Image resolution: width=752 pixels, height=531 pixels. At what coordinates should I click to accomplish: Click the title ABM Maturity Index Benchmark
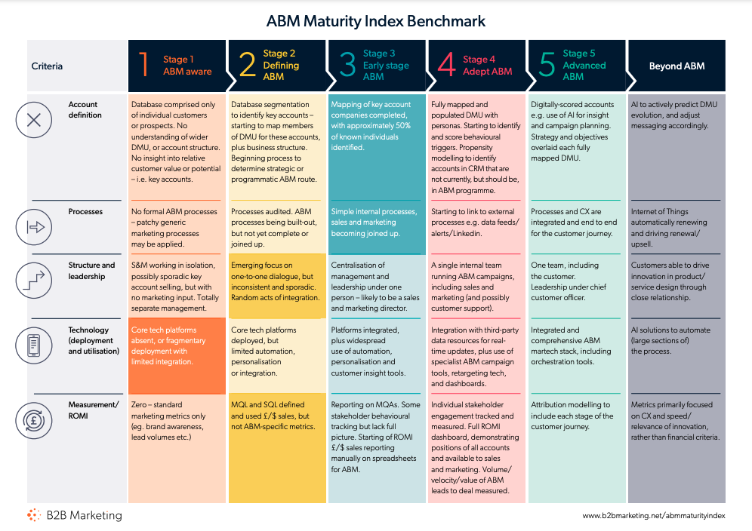(375, 21)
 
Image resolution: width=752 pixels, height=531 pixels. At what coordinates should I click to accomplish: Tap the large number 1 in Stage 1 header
(143, 65)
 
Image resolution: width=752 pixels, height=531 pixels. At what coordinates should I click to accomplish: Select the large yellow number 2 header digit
(248, 65)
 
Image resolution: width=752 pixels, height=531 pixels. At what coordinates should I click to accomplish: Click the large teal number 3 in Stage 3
(348, 65)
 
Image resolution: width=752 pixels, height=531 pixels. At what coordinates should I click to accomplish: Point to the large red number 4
(446, 65)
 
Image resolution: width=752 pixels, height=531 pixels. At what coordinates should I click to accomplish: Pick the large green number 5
(547, 65)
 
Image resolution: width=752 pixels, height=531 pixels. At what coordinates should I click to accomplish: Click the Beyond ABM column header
(676, 66)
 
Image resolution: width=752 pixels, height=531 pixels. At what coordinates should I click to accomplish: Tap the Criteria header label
(47, 66)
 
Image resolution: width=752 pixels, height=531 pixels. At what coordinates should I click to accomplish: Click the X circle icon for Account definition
(33, 120)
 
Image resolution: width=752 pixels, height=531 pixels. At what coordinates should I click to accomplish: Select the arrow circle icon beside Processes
(33, 227)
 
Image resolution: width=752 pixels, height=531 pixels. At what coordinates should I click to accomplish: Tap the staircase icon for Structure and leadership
(33, 281)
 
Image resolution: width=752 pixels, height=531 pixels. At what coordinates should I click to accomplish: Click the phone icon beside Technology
(33, 345)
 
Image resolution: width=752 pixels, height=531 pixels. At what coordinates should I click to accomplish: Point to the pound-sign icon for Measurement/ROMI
(33, 421)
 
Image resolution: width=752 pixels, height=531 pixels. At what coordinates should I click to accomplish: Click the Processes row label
(85, 212)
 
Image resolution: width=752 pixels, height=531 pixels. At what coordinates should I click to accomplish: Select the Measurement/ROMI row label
(94, 410)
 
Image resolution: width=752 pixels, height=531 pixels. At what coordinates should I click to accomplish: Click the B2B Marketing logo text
(85, 515)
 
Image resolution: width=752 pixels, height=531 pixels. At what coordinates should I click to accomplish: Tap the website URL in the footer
(654, 516)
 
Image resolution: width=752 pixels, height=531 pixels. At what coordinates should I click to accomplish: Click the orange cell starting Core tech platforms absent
(177, 355)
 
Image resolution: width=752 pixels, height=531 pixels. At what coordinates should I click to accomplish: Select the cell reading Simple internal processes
(377, 228)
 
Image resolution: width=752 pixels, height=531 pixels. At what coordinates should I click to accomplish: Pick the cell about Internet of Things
(676, 228)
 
